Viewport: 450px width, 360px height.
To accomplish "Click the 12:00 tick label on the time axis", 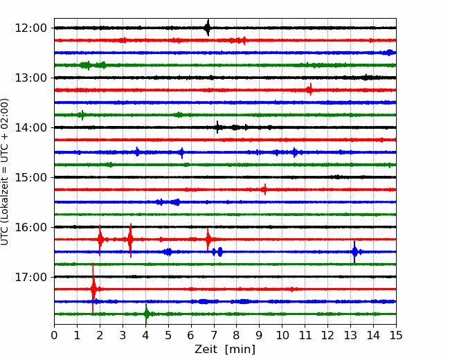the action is point(30,28).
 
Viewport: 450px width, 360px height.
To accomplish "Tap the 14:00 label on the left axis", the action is point(30,127).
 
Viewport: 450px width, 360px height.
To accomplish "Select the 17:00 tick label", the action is point(30,277).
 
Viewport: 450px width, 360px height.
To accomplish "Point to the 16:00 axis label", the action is point(30,227).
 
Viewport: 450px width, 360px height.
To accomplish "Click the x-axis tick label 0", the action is point(54,335).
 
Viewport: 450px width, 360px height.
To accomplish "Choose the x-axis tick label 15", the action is point(396,335).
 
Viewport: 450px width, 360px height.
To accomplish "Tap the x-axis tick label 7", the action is point(214,335).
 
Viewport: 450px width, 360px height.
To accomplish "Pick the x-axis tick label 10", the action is point(282,335).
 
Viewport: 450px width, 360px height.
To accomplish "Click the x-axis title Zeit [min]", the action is point(225,349).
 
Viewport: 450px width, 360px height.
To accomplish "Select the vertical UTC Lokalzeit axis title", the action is point(5,172).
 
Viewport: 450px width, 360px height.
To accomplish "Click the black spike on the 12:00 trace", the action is point(208,28).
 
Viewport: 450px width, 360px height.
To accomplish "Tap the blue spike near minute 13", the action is point(354,252).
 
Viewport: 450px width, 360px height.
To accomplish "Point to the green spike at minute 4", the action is point(146,314).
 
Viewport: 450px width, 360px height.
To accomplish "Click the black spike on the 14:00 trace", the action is point(217,127).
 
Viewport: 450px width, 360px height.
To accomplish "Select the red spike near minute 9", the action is point(265,190).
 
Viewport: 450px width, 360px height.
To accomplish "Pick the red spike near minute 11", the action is point(309,90).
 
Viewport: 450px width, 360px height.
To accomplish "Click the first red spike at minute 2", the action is point(100,240).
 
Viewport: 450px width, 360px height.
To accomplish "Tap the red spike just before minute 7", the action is point(208,239).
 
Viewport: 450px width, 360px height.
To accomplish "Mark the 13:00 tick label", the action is point(30,78).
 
